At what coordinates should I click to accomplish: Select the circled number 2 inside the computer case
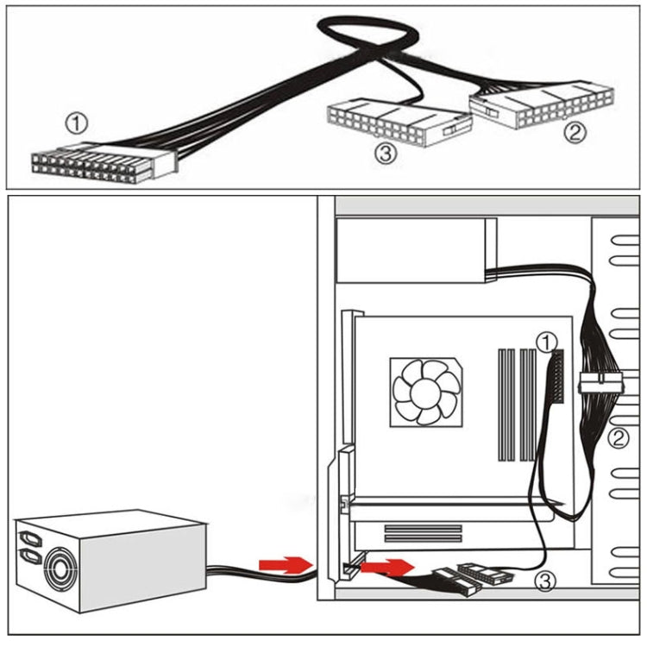pos(618,438)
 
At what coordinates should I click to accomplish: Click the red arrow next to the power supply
pos(284,565)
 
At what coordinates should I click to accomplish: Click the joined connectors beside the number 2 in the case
pos(602,382)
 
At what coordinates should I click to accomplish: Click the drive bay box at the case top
pos(410,250)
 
